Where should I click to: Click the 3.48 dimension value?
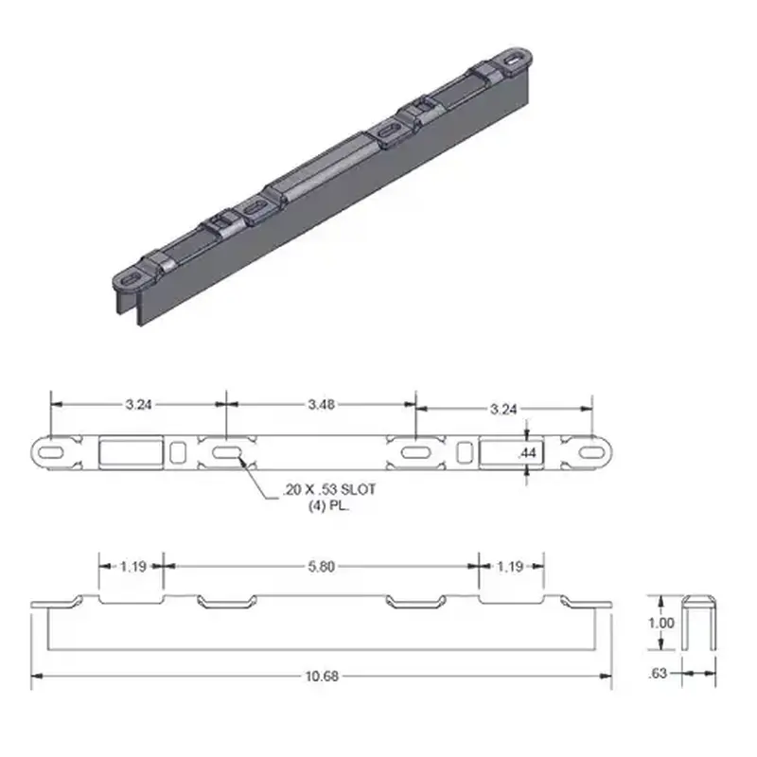pos(319,404)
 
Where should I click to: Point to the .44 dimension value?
pos(527,454)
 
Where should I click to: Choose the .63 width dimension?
pos(661,674)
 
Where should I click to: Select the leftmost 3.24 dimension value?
pos(137,404)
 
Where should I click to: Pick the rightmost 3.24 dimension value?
pos(502,409)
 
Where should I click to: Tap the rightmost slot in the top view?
pos(589,453)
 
